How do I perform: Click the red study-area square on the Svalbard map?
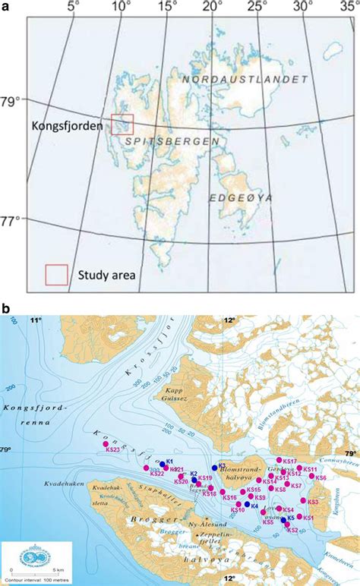click(122, 124)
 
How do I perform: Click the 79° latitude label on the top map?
click(12, 99)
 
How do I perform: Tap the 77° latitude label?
click(12, 221)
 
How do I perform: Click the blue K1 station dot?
click(162, 464)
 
